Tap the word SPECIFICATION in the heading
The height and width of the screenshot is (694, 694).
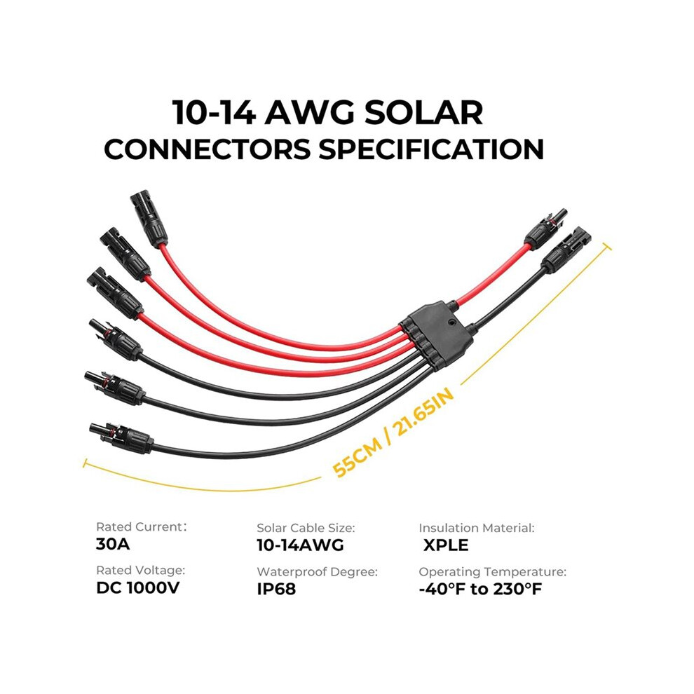point(431,149)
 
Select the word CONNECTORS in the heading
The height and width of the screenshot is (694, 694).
point(207,149)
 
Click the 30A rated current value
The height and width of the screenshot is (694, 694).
point(113,544)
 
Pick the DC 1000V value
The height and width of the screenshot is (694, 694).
point(138,587)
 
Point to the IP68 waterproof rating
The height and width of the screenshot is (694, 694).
point(276,589)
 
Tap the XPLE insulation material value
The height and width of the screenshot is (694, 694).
point(446,545)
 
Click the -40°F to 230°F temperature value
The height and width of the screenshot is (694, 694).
point(480,589)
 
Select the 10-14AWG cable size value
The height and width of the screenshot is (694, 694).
point(300,545)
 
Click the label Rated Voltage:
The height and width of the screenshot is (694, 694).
point(141,570)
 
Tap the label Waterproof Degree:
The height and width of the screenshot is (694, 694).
point(318,572)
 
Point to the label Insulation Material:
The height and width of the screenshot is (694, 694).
point(477,528)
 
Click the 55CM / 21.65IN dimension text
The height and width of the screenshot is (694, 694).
point(393,433)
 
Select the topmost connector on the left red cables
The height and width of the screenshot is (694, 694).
point(149,219)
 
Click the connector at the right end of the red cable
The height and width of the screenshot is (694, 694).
point(545,230)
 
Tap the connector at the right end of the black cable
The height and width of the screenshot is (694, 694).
point(566,250)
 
